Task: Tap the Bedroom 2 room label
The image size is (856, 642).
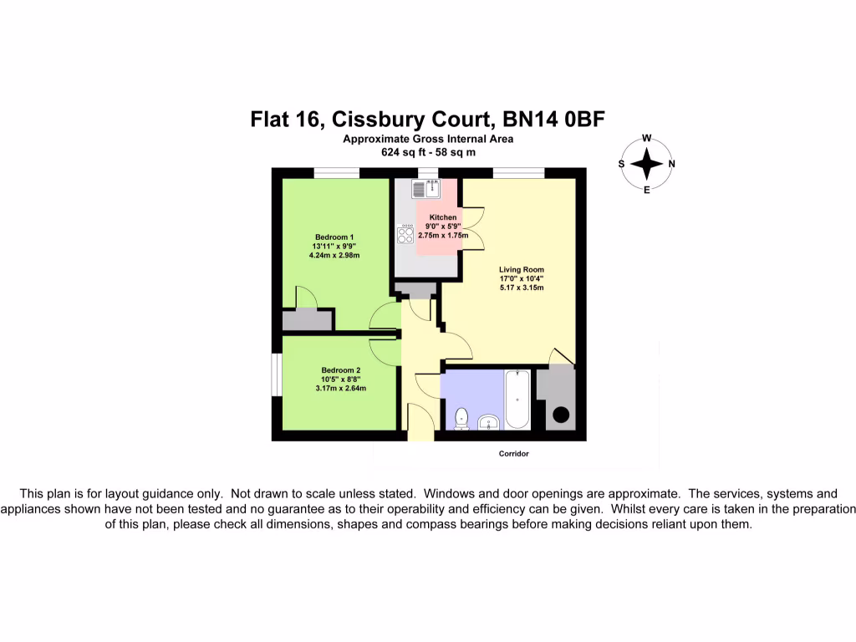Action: click(x=341, y=370)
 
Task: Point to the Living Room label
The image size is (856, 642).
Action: click(x=522, y=270)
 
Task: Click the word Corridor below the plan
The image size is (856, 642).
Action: click(x=509, y=454)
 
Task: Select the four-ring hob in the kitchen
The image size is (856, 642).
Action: click(x=405, y=236)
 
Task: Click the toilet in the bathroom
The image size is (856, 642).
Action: click(x=461, y=416)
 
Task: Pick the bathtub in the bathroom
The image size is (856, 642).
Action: click(x=517, y=400)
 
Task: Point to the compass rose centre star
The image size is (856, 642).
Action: click(x=646, y=164)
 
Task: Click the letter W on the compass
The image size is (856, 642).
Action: click(x=646, y=139)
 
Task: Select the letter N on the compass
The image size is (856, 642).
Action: click(x=671, y=165)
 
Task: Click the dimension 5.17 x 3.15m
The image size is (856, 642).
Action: click(x=522, y=288)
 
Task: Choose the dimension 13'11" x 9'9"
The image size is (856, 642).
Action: click(x=334, y=246)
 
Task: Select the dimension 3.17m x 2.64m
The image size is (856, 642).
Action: click(x=341, y=388)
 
